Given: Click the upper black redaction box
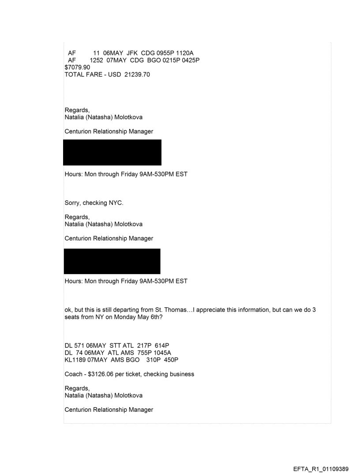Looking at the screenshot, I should (112, 153).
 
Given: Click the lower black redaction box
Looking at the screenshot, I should (112, 261).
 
